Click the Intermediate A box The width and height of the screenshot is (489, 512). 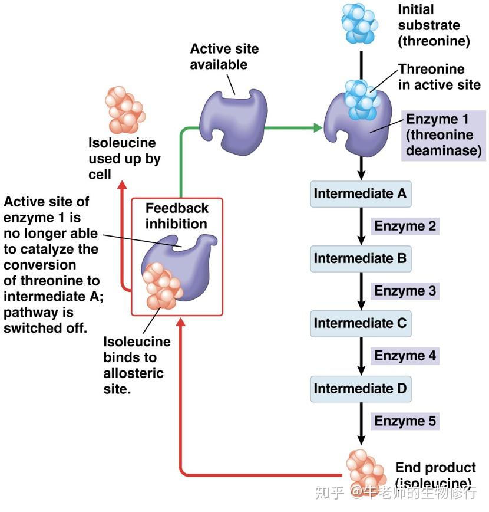[360, 193]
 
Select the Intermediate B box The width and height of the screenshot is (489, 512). [360, 258]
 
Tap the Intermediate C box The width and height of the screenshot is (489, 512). [360, 323]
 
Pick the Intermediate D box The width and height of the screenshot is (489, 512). [360, 389]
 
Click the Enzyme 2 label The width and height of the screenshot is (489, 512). [405, 226]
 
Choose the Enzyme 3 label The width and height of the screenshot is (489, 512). [405, 291]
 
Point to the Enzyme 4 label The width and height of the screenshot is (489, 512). [405, 356]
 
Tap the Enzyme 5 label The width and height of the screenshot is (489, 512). [405, 421]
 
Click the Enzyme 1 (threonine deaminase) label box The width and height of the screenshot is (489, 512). [443, 136]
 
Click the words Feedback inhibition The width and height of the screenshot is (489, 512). [176, 216]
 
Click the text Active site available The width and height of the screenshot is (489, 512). [224, 56]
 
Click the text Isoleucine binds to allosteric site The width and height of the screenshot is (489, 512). [137, 365]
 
